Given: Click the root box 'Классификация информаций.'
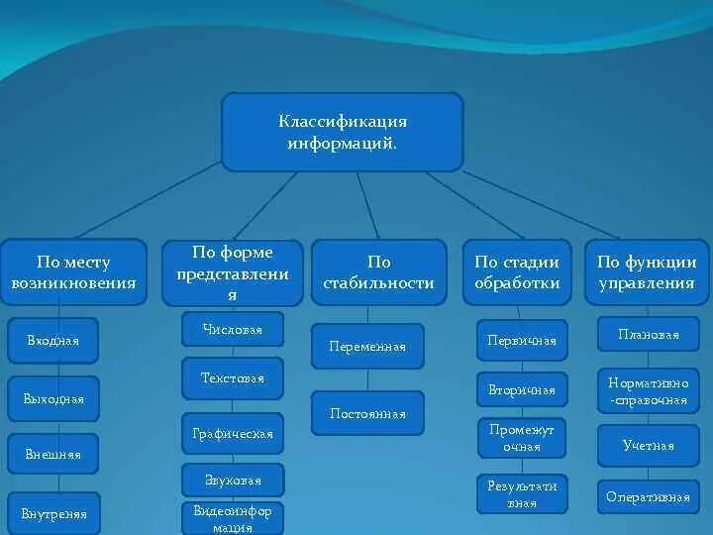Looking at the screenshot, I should (x=342, y=132).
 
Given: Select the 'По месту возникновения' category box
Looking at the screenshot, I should (x=73, y=272).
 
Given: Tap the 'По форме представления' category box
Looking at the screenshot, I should (x=233, y=272).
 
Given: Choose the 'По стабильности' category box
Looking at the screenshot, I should (x=378, y=272).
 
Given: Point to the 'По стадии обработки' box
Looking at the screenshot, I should (x=517, y=272).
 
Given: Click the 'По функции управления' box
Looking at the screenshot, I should (x=646, y=272).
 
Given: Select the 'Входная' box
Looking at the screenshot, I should (x=53, y=341).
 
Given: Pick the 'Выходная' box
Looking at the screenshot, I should (x=53, y=398).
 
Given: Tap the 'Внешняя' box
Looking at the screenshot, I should (x=53, y=455).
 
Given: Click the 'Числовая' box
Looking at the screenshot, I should (x=233, y=329).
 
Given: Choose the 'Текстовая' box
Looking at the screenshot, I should (x=233, y=378).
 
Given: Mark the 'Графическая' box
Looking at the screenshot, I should (x=233, y=434).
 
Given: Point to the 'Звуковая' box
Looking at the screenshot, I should (x=233, y=481).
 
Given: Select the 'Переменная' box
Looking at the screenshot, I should (x=367, y=347).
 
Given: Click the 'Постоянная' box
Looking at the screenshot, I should (x=367, y=413).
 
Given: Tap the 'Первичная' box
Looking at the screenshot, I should (x=522, y=340).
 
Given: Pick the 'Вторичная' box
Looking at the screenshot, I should (x=522, y=389).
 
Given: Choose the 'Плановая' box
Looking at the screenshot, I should (x=648, y=334).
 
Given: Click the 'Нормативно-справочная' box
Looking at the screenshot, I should (x=648, y=390).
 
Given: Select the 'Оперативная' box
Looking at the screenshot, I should (x=648, y=497).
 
